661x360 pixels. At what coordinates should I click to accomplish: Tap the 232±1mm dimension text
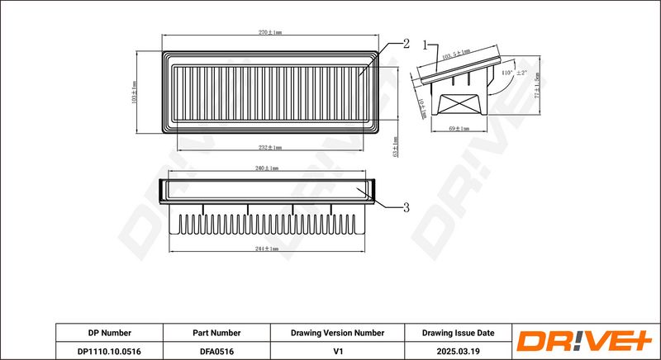269,147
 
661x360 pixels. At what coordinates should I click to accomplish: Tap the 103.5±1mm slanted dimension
456,52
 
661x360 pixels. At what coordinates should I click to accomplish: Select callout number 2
406,44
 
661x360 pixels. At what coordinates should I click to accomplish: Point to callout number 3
406,207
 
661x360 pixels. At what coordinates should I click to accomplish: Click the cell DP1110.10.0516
109,351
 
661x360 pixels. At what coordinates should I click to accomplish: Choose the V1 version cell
337,351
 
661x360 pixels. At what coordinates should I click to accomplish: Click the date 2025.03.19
458,351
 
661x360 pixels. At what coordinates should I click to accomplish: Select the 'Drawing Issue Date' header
458,333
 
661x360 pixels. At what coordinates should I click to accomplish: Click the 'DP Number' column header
109,333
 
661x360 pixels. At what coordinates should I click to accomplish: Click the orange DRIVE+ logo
583,342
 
